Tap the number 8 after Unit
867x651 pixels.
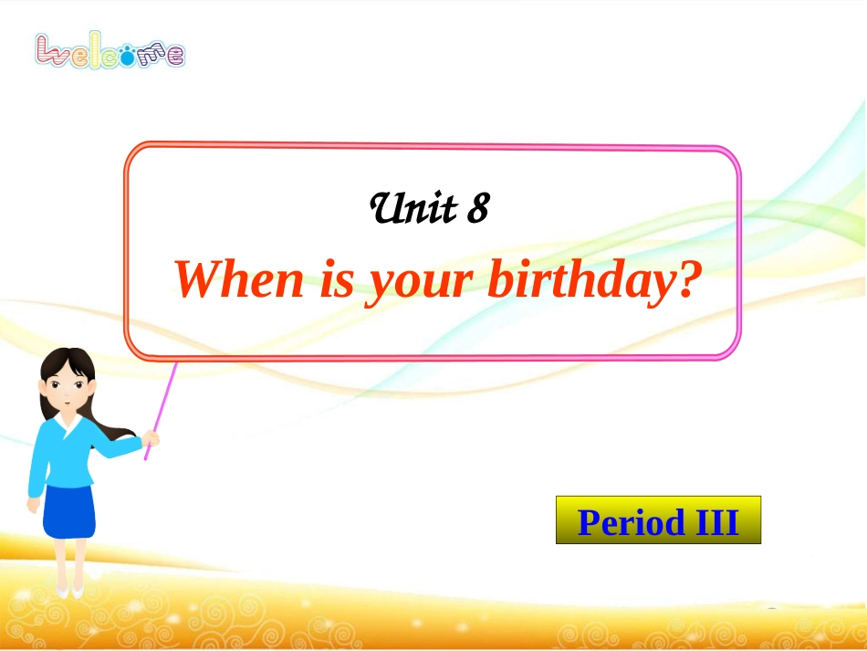[x=477, y=210]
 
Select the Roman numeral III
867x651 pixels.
[x=716, y=521]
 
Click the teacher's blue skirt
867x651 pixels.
[x=69, y=511]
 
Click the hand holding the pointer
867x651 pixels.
[x=151, y=440]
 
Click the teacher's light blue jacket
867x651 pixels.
[x=68, y=457]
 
